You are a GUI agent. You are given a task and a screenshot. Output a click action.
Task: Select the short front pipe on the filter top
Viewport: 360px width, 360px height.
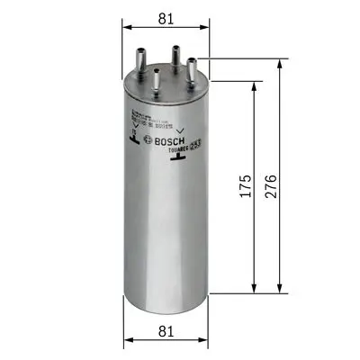click(x=158, y=80)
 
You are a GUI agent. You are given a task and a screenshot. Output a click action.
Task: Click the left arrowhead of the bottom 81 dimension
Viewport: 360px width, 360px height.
click(x=126, y=340)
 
